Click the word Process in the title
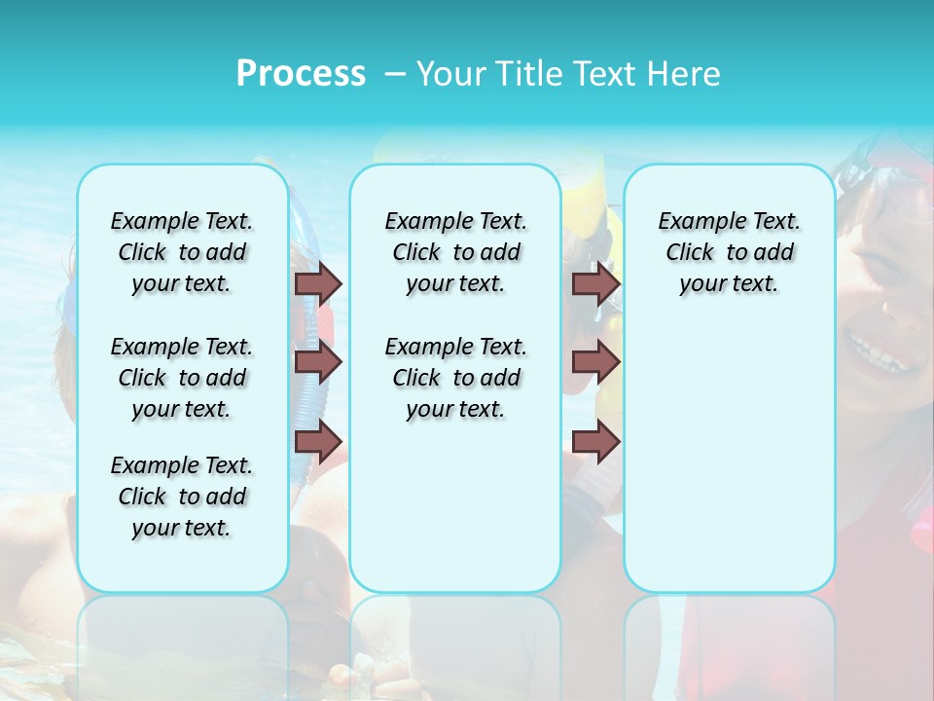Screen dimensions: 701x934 point(301,74)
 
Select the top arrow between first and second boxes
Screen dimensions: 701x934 point(318,283)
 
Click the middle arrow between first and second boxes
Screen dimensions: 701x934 point(318,362)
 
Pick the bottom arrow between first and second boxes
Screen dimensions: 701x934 point(318,442)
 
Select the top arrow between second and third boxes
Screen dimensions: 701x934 point(595,283)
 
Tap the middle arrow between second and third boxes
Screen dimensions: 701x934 point(595,362)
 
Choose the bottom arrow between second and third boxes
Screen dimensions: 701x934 point(595,442)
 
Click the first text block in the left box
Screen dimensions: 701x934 point(182,252)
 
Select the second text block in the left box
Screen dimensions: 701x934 point(182,378)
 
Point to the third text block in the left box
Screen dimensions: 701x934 point(182,497)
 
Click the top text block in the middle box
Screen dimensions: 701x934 point(455,252)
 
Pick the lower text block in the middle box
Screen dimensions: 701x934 point(455,378)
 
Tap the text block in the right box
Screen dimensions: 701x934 point(729,252)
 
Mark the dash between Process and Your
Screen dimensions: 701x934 point(394,74)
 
